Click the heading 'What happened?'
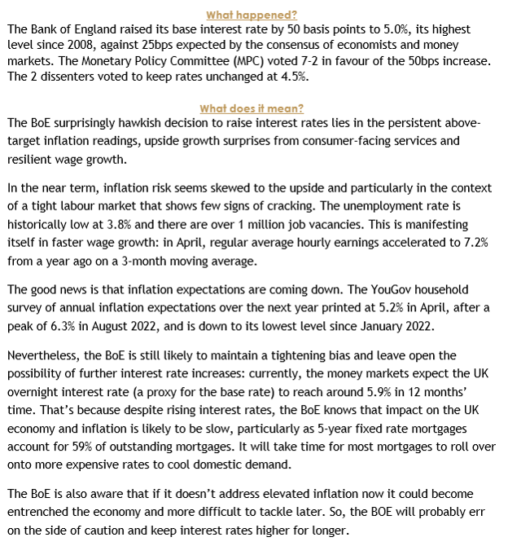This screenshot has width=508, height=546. pyautogui.click(x=252, y=15)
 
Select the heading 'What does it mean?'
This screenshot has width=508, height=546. pyautogui.click(x=251, y=109)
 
